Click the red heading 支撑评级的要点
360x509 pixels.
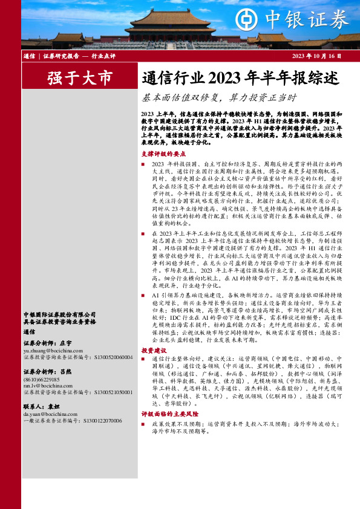click(x=160, y=154)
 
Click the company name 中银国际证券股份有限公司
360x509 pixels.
click(x=59, y=314)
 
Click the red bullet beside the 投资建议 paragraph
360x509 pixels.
click(x=143, y=359)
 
